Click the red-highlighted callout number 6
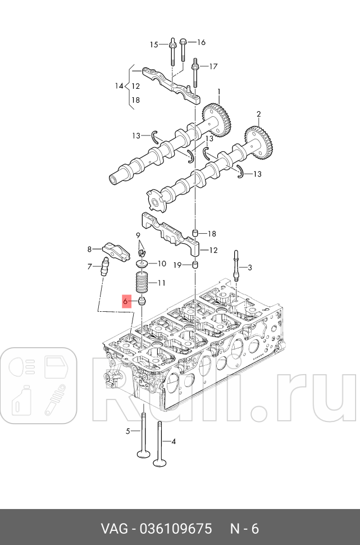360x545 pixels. click(126, 302)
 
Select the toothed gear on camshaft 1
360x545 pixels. click(217, 118)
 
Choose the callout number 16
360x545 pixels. click(201, 42)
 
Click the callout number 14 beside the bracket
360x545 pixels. click(119, 86)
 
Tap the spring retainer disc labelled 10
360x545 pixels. click(143, 263)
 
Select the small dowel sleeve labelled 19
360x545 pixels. click(195, 265)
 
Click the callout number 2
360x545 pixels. click(259, 114)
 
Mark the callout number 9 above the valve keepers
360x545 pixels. click(138, 235)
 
